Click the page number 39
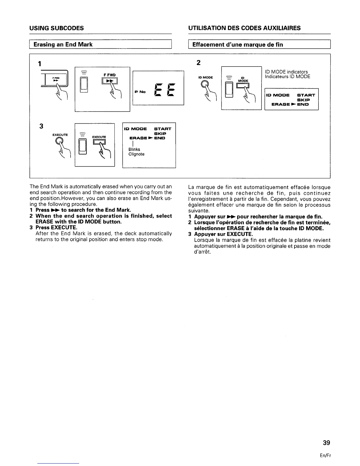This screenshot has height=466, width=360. point(326,443)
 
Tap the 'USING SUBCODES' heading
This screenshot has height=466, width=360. point(56,28)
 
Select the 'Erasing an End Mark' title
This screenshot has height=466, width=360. point(63,45)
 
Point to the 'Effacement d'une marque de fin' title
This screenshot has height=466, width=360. point(237,45)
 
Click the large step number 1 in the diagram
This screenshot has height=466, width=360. point(39,64)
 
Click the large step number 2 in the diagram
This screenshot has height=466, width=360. point(198,63)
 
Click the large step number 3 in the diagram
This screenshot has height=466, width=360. point(41,126)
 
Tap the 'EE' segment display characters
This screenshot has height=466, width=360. point(165,90)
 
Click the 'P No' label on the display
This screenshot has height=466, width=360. point(140,92)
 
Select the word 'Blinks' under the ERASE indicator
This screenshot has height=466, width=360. point(134,149)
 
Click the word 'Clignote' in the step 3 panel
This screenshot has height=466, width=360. point(136,154)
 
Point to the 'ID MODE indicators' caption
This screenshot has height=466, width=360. point(286,72)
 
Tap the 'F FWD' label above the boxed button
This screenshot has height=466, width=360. point(110,74)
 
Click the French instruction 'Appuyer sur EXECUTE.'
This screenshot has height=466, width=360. point(223,234)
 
